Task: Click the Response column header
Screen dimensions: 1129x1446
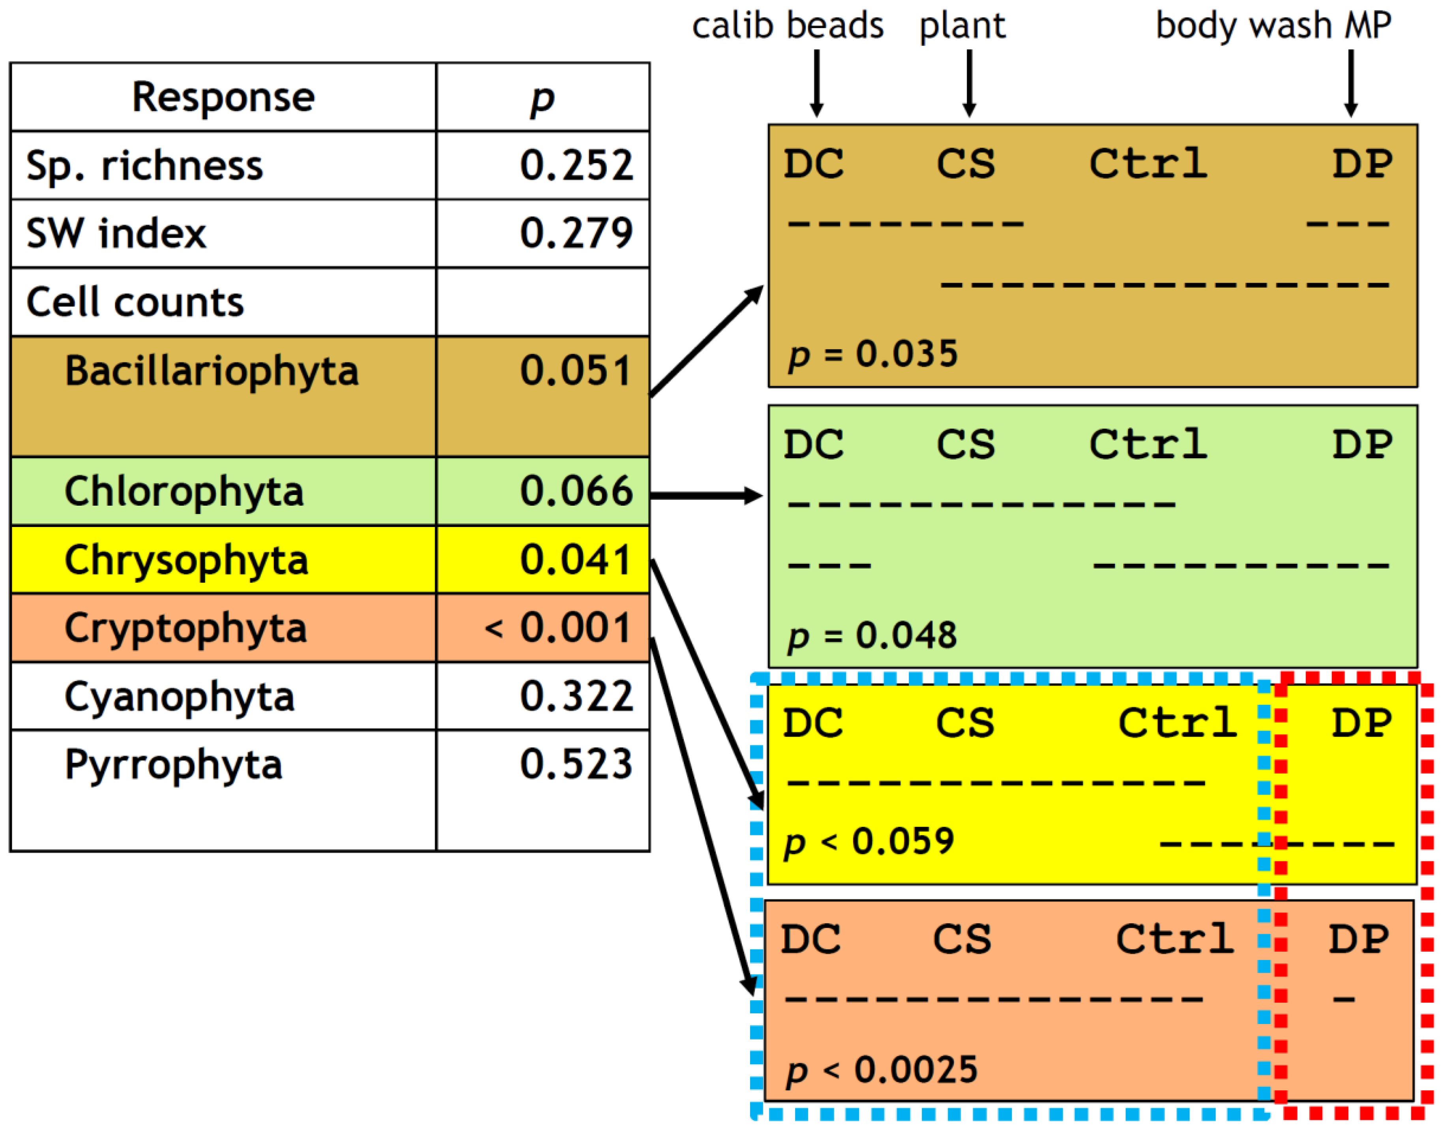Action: (x=223, y=98)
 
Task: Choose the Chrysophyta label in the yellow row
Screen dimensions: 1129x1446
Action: (x=186, y=560)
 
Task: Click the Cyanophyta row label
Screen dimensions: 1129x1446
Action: (x=180, y=697)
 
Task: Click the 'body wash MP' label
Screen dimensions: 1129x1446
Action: (x=1273, y=26)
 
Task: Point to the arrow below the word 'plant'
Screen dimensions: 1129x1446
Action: (x=969, y=83)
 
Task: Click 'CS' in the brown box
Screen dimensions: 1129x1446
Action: (x=965, y=163)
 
